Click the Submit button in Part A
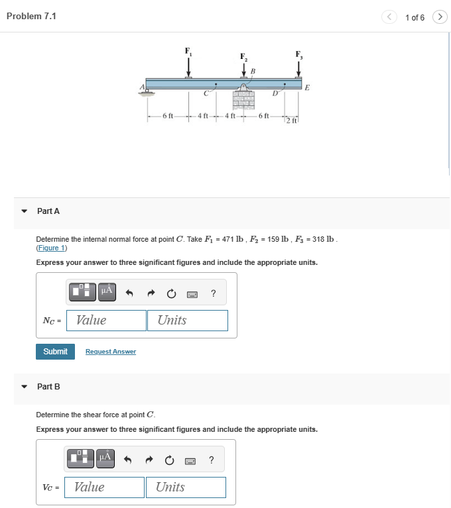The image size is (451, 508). (55, 352)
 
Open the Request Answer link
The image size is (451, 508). (111, 352)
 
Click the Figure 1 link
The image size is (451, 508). (52, 248)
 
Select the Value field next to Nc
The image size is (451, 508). (106, 321)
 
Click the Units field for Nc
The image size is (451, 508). (188, 321)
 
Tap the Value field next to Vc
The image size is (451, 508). (105, 487)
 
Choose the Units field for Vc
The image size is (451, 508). (186, 487)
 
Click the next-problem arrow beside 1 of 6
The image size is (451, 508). (440, 17)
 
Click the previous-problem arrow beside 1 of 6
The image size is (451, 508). (389, 17)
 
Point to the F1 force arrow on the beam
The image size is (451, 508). (188, 67)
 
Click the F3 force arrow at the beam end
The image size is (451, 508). (298, 68)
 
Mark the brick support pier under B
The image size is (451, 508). (243, 100)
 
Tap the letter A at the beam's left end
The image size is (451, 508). (142, 87)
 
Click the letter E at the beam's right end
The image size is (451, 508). (307, 87)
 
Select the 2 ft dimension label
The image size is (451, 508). (291, 121)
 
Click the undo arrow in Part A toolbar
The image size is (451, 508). (129, 293)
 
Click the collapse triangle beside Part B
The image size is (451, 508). (24, 387)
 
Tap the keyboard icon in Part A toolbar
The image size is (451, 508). (192, 294)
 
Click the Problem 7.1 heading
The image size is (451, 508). (31, 16)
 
